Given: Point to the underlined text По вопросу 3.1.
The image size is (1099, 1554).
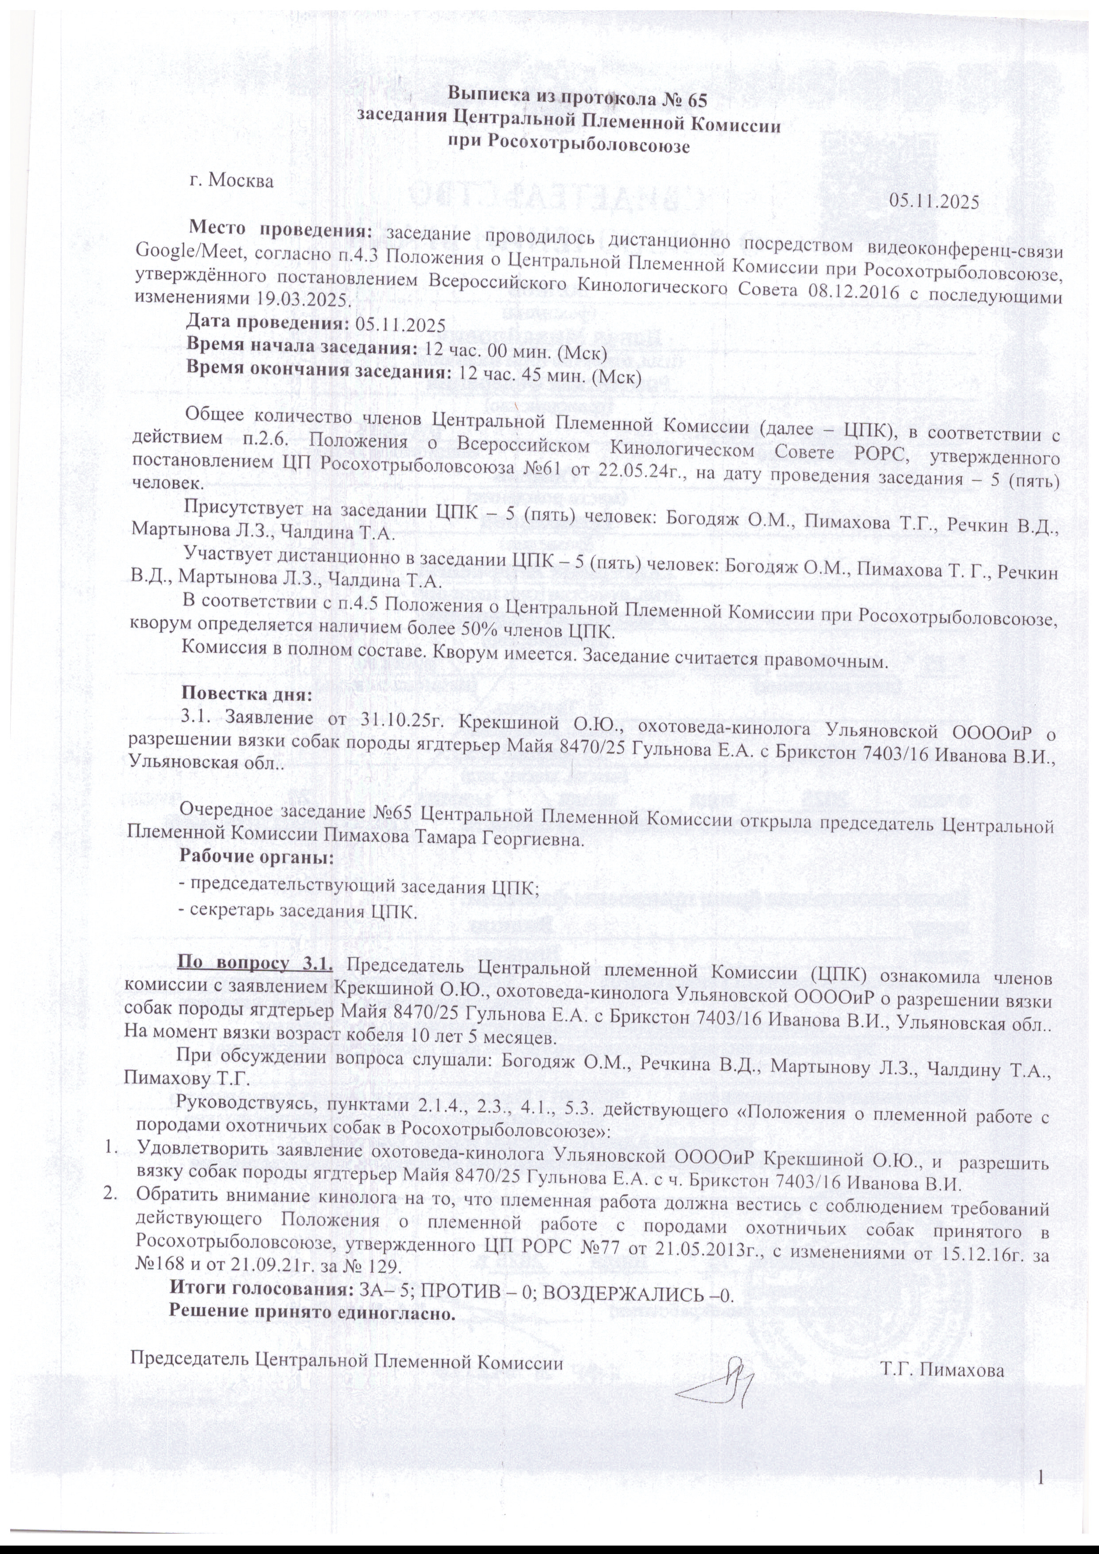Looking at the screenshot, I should (x=254, y=963).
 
